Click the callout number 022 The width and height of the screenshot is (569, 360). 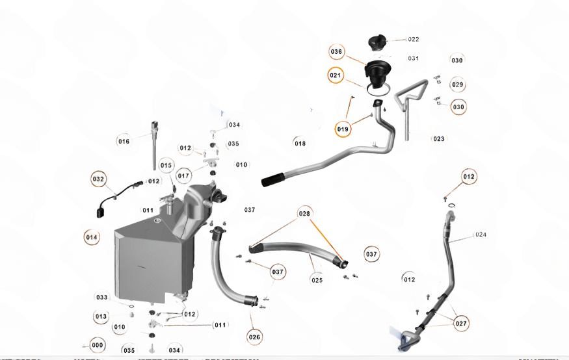[413, 40]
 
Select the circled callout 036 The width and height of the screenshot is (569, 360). [336, 51]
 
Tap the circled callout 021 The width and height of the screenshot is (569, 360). [335, 75]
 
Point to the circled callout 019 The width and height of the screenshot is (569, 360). [343, 129]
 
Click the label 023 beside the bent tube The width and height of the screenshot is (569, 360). [438, 139]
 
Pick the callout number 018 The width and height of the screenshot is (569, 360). [300, 144]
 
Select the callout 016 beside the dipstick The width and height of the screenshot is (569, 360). [124, 141]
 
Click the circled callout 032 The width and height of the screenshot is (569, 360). [98, 179]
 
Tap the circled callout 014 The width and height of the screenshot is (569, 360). [92, 237]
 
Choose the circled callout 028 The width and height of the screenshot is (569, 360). [304, 213]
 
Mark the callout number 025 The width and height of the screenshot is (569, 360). [317, 281]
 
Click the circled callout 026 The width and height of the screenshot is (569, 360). [254, 337]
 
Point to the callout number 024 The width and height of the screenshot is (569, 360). [481, 235]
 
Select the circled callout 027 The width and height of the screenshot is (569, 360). [461, 323]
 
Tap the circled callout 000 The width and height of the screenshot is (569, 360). [98, 345]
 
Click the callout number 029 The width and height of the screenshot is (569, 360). [458, 85]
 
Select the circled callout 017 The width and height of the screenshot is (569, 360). [183, 176]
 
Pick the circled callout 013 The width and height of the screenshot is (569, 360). [101, 316]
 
